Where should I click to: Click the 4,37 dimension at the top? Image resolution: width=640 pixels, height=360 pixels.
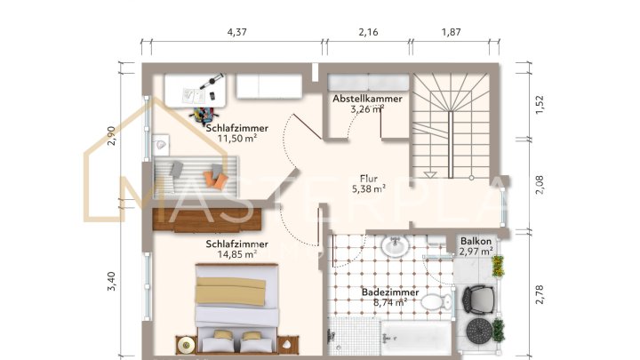(236, 32)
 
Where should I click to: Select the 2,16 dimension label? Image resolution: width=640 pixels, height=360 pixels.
(368, 32)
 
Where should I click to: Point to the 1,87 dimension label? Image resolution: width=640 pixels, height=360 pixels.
(450, 32)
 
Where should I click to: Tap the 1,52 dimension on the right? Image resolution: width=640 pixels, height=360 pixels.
(539, 105)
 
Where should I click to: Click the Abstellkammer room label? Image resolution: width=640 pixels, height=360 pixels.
(367, 99)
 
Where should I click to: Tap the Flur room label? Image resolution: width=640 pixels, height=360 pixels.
(368, 177)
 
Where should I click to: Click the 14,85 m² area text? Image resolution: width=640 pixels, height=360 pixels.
(237, 253)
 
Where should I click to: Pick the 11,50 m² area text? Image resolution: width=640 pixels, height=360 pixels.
(237, 139)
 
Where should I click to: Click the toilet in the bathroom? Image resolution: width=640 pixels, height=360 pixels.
(433, 303)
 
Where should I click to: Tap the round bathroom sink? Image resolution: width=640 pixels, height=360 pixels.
(394, 244)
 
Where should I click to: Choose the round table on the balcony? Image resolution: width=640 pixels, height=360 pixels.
(480, 333)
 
